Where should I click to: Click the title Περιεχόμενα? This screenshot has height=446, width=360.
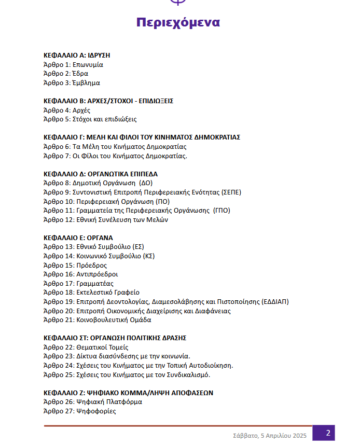point(178,22)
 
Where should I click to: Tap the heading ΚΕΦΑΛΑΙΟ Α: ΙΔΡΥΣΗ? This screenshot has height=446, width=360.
point(77,55)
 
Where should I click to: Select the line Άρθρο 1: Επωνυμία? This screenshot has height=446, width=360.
point(73,65)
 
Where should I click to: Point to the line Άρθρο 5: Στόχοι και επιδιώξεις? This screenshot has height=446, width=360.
point(90,119)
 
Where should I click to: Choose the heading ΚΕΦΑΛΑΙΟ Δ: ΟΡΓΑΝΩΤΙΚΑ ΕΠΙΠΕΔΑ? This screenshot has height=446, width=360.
point(100,174)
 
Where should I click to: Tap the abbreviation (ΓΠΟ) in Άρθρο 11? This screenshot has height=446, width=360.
point(221,211)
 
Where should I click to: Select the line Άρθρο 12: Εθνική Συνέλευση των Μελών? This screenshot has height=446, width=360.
point(105,219)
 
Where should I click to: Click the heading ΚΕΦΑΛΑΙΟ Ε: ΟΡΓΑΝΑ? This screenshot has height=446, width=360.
point(78,238)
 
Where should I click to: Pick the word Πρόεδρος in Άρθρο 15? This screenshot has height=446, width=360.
point(91,265)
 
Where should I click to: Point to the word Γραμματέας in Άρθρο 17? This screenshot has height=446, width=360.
point(95,283)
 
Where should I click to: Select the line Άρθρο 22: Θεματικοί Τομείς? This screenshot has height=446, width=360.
point(86,347)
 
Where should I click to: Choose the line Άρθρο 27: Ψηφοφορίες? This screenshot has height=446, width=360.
point(79,411)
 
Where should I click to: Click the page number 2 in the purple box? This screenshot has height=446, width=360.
point(327,433)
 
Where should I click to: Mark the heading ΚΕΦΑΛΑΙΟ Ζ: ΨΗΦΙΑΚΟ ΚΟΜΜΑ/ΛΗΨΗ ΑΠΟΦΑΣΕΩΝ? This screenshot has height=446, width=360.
point(128,393)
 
